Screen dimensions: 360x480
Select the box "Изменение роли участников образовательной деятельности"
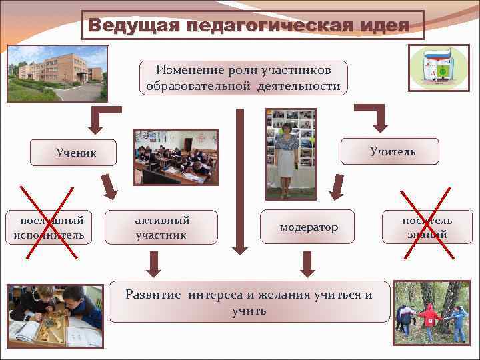click(x=243, y=78)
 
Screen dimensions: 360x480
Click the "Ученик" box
click(x=76, y=153)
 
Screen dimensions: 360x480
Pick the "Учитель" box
click(x=393, y=151)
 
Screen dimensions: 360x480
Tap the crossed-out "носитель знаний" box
click(x=427, y=227)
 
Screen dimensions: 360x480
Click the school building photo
click(x=57, y=73)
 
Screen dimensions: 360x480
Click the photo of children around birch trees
click(x=431, y=312)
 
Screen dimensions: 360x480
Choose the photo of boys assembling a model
click(x=55, y=316)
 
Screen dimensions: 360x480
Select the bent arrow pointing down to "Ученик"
click(x=103, y=117)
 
